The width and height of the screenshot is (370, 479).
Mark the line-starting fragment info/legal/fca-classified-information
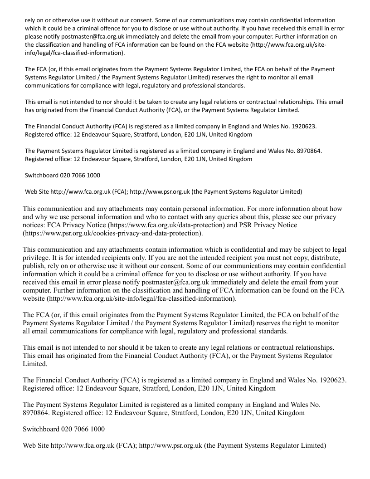coord(73,53)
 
